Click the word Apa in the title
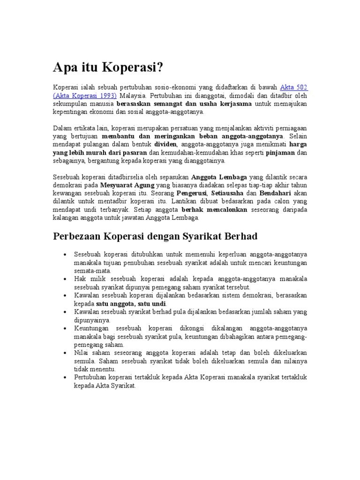point(65,68)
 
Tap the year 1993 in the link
point(107,95)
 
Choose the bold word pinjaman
point(280,153)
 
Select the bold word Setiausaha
point(229,193)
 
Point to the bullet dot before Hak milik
point(64,279)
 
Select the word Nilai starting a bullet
point(81,353)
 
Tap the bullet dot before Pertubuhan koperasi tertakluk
point(64,377)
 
